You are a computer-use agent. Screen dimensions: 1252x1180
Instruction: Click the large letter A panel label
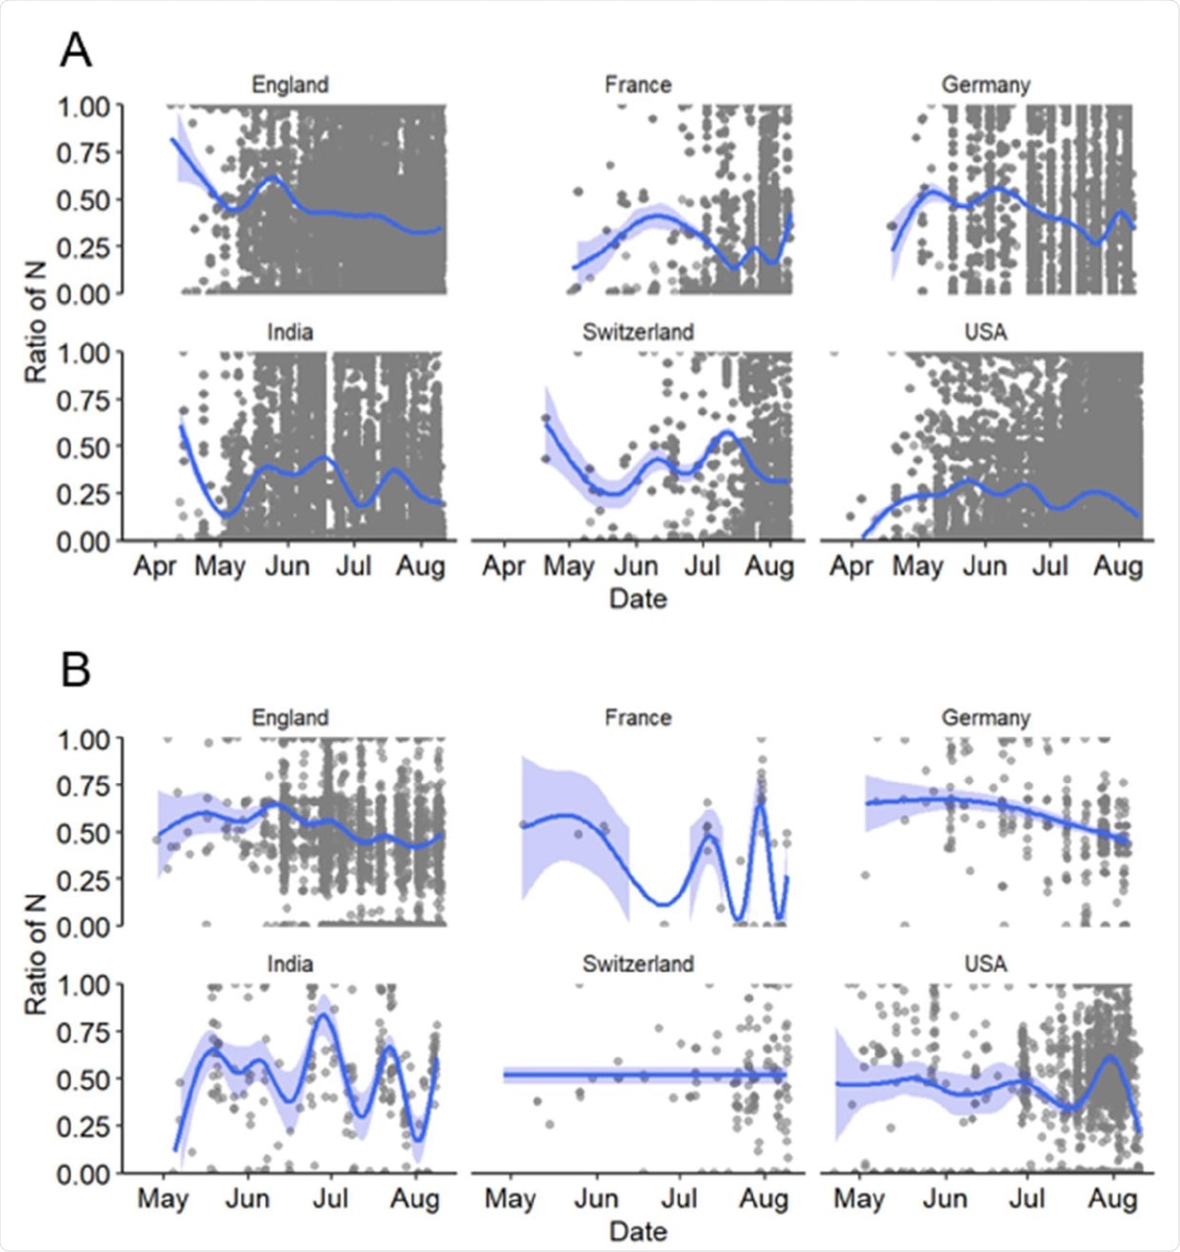click(76, 51)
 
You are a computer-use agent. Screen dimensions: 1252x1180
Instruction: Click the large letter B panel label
click(76, 670)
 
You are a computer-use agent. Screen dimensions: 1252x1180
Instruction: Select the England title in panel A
click(290, 85)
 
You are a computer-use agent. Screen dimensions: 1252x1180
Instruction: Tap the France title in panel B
click(638, 718)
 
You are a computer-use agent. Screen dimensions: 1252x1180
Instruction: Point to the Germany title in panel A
click(986, 85)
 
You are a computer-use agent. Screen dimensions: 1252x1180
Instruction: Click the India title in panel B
click(290, 965)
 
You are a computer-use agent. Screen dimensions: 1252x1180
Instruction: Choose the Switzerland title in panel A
click(638, 332)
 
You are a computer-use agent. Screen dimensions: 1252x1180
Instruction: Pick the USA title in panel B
click(986, 965)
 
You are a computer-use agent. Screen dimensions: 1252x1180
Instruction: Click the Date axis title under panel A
click(638, 599)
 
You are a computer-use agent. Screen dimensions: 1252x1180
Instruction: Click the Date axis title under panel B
click(638, 1231)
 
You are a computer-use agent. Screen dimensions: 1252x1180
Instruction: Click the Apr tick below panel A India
click(155, 566)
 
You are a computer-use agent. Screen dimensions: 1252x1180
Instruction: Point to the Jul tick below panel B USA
click(1027, 1199)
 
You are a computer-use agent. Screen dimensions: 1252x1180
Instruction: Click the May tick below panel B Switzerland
click(510, 1199)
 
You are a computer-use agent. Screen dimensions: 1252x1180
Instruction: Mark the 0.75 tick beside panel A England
click(83, 153)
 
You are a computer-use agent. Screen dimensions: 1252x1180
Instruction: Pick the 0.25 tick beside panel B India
click(83, 1126)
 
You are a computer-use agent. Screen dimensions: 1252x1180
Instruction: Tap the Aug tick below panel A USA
click(1119, 566)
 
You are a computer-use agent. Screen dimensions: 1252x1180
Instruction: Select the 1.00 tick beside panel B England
click(83, 740)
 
